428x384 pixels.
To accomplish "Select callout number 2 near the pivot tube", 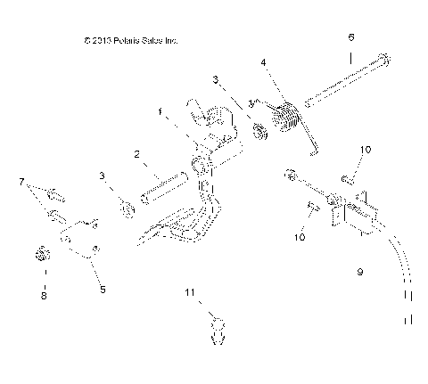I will point(136,155).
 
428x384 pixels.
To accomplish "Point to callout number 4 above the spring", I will point(263,62).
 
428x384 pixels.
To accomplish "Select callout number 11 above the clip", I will point(189,292).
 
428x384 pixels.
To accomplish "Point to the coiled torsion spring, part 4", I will point(287,117).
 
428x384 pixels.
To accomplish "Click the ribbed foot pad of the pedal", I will point(178,238).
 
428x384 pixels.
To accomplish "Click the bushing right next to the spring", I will point(261,133).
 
